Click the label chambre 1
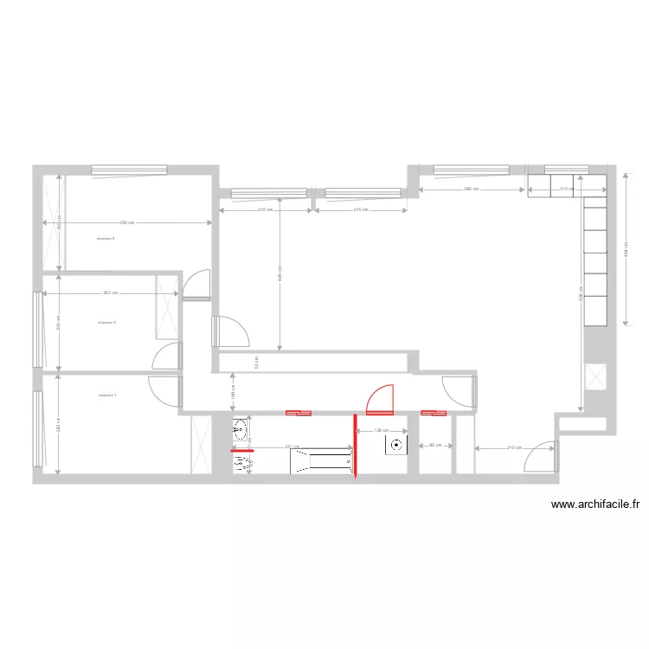click(107, 395)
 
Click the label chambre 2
click(107, 322)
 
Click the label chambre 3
click(106, 238)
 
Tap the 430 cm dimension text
click(126, 223)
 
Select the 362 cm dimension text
click(109, 293)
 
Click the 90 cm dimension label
click(435, 446)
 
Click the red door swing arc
click(379, 398)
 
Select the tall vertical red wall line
click(355, 447)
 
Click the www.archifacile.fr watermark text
click(594, 505)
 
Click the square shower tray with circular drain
click(396, 445)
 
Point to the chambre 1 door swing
click(164, 390)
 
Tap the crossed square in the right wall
click(596, 377)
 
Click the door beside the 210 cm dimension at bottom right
click(541, 457)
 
